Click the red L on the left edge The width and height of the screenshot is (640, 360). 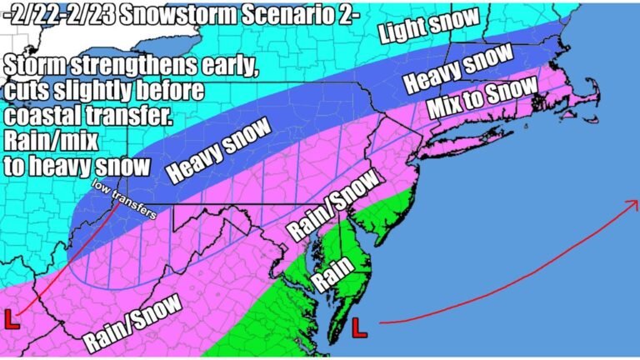pyautogui.click(x=12, y=319)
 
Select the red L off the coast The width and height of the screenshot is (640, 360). pyautogui.click(x=359, y=327)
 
